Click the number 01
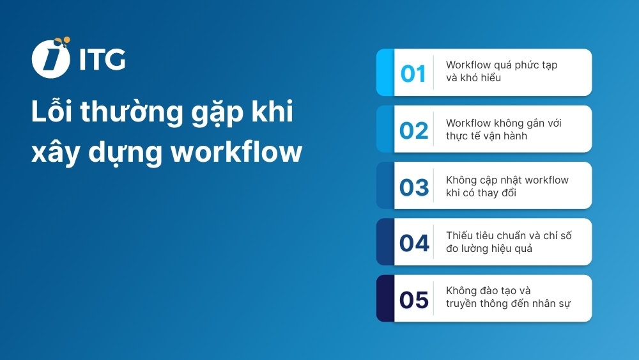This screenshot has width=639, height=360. click(x=413, y=74)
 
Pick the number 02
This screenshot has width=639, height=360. click(x=413, y=130)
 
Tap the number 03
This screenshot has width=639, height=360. click(x=413, y=187)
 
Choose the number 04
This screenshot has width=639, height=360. click(x=413, y=243)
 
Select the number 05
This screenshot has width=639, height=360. click(x=413, y=299)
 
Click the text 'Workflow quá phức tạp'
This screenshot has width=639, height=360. click(x=502, y=65)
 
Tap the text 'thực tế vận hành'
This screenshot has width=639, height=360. click(x=486, y=136)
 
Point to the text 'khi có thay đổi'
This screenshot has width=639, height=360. click(x=481, y=192)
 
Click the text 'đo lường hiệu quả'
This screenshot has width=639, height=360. click(x=489, y=249)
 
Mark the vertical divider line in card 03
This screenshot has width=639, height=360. click(x=434, y=185)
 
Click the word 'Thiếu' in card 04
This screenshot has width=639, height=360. click(x=458, y=235)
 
